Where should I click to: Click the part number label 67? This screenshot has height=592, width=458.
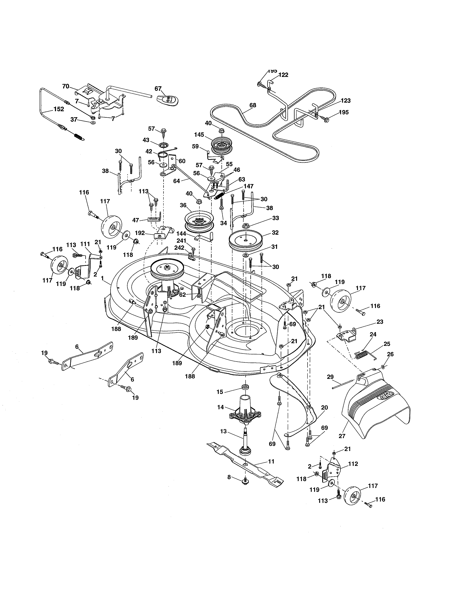click(x=158, y=89)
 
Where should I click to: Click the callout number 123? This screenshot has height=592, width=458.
click(x=345, y=101)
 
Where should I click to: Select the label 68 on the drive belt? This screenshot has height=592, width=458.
click(x=253, y=105)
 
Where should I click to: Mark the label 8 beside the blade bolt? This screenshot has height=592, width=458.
click(x=229, y=477)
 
